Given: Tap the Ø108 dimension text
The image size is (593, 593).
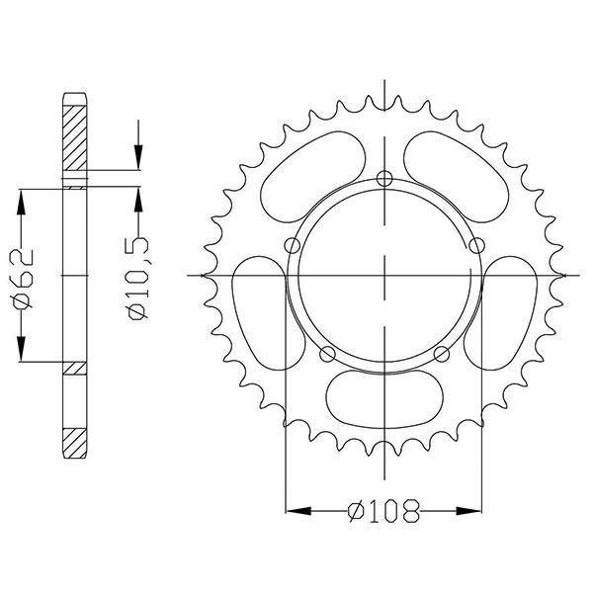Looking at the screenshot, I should click(383, 512).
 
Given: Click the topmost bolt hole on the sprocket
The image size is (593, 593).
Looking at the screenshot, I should click(383, 179).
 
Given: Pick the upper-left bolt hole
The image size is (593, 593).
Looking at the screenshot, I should click(291, 246).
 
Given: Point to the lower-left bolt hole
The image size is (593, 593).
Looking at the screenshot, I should click(327, 355).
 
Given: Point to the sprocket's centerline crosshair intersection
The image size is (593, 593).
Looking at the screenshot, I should click(383, 274).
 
